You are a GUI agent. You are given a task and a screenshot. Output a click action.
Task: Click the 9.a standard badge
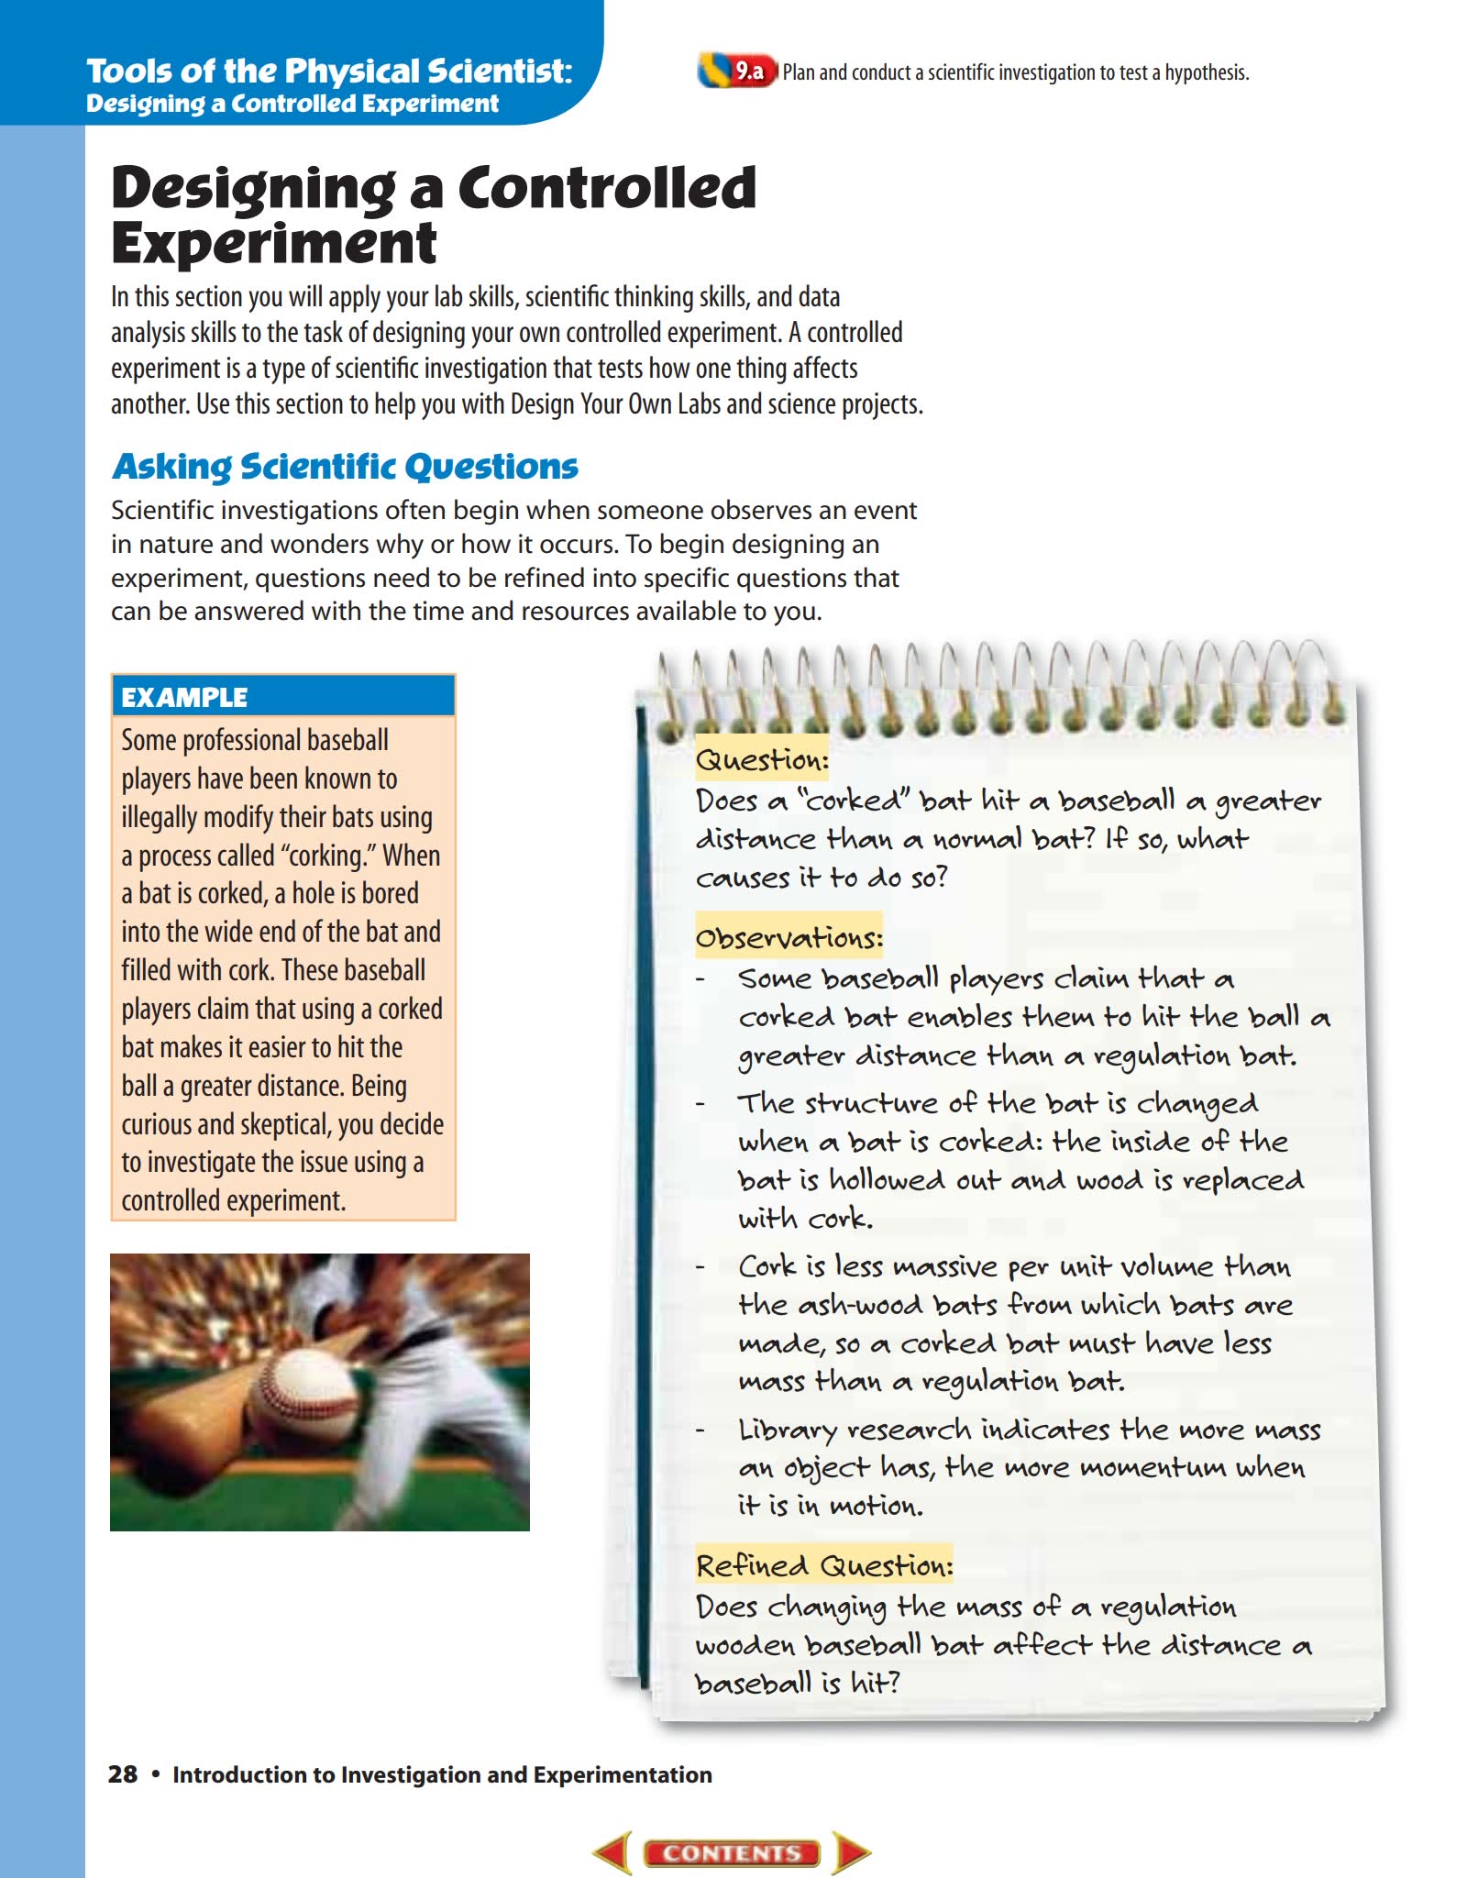[x=747, y=72]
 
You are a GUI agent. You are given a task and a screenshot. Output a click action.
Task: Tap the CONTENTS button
[x=732, y=1852]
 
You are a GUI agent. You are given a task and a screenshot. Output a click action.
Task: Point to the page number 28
[x=123, y=1773]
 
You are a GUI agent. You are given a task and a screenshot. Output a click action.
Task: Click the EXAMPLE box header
[x=282, y=697]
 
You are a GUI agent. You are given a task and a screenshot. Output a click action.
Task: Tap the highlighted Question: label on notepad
[x=762, y=759]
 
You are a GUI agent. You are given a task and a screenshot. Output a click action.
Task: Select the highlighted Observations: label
[x=789, y=937]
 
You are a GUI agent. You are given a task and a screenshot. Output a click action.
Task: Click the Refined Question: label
[x=824, y=1565]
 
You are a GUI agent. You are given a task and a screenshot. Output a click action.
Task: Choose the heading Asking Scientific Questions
[x=345, y=467]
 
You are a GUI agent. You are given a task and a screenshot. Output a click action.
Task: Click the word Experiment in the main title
[x=273, y=243]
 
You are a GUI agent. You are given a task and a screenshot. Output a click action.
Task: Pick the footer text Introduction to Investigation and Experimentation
[x=442, y=1774]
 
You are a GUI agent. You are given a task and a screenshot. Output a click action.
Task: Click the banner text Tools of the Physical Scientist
[x=328, y=72]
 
